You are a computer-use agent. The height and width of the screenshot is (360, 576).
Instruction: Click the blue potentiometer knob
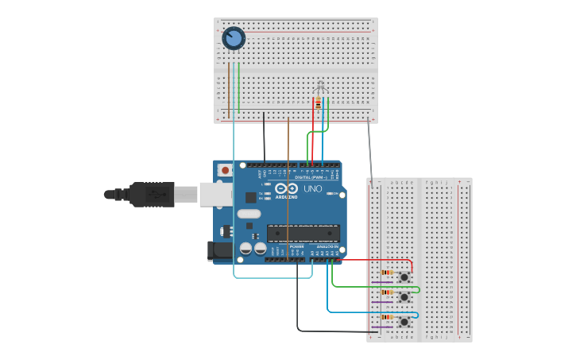click(x=234, y=37)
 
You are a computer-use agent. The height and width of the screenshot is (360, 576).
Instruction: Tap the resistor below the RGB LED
click(x=319, y=103)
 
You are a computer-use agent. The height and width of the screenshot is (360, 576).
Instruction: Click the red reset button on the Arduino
click(x=226, y=169)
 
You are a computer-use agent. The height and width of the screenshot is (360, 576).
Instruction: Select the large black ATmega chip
click(x=303, y=233)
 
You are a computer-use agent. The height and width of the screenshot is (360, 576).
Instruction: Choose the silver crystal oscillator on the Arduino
click(x=248, y=213)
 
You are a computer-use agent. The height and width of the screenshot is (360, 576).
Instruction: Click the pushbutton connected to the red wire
click(x=404, y=277)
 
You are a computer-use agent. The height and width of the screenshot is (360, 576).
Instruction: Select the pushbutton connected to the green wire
click(x=404, y=296)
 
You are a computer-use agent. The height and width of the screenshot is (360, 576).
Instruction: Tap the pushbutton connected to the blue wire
click(x=404, y=321)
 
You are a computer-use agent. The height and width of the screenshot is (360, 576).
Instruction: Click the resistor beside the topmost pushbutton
click(x=386, y=273)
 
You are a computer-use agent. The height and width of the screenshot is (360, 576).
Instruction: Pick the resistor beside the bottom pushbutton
click(x=386, y=317)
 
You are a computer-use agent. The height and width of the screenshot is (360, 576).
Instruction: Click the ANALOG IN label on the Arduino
click(x=327, y=246)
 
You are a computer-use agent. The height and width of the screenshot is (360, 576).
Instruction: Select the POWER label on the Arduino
click(x=296, y=246)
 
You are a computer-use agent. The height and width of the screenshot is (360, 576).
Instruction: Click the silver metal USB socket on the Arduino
click(x=215, y=194)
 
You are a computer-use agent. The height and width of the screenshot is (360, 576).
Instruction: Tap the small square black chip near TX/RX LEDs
click(x=251, y=196)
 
